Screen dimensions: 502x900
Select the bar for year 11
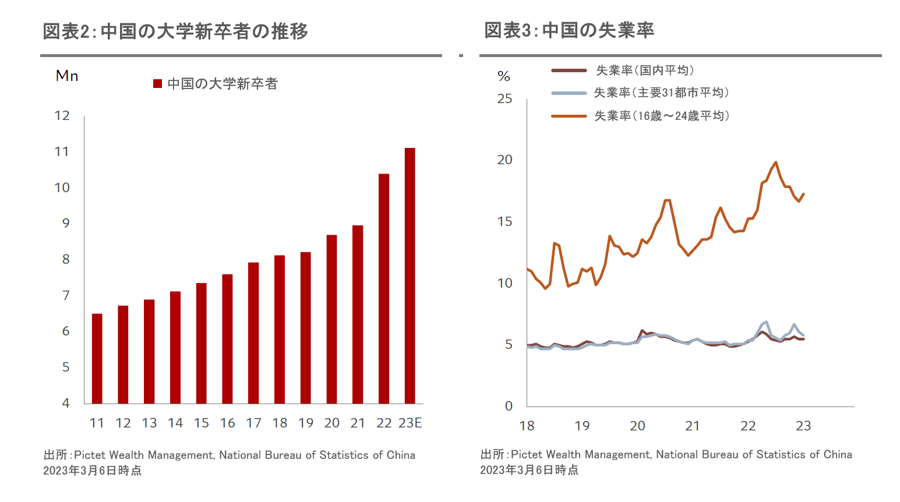point(97,358)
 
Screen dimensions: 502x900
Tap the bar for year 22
point(384,288)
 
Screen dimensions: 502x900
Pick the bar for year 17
point(253,333)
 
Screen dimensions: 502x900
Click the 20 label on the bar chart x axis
point(331,423)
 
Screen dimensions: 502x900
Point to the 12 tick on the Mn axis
point(62,116)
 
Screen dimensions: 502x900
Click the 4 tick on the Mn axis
point(66,403)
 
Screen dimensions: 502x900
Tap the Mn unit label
point(67,76)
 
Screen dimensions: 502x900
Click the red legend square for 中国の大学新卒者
point(157,84)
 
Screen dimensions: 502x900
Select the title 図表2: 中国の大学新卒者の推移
point(175,31)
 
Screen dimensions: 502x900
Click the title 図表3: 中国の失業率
point(569,30)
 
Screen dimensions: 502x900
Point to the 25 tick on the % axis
point(504,99)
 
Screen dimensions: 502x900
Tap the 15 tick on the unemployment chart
point(504,222)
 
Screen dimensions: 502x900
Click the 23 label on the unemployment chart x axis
point(803,426)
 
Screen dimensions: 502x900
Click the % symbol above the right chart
point(504,76)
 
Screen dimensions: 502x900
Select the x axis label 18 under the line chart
point(527,426)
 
